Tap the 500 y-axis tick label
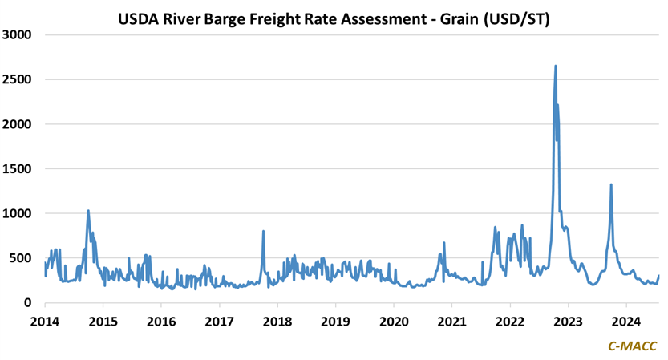point(22,258)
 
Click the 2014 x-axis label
point(45,320)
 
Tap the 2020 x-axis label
point(394,320)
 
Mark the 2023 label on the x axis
point(568,320)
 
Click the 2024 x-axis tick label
point(625,320)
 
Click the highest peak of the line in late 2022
point(556,67)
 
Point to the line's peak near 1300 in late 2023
point(611,185)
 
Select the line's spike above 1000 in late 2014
point(88,212)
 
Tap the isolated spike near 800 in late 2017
point(263,232)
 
